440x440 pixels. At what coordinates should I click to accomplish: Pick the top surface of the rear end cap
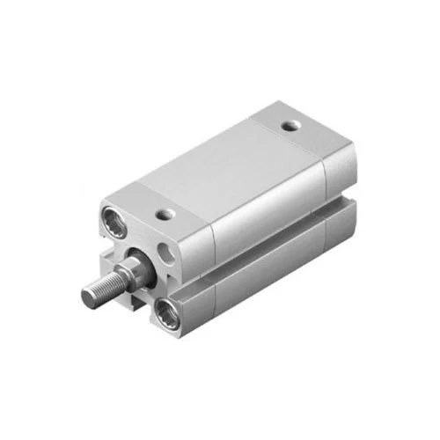click(x=304, y=132)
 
